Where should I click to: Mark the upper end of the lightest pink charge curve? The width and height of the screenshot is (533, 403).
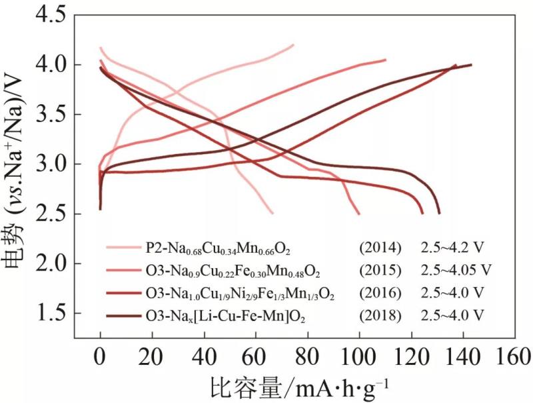point(293,45)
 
